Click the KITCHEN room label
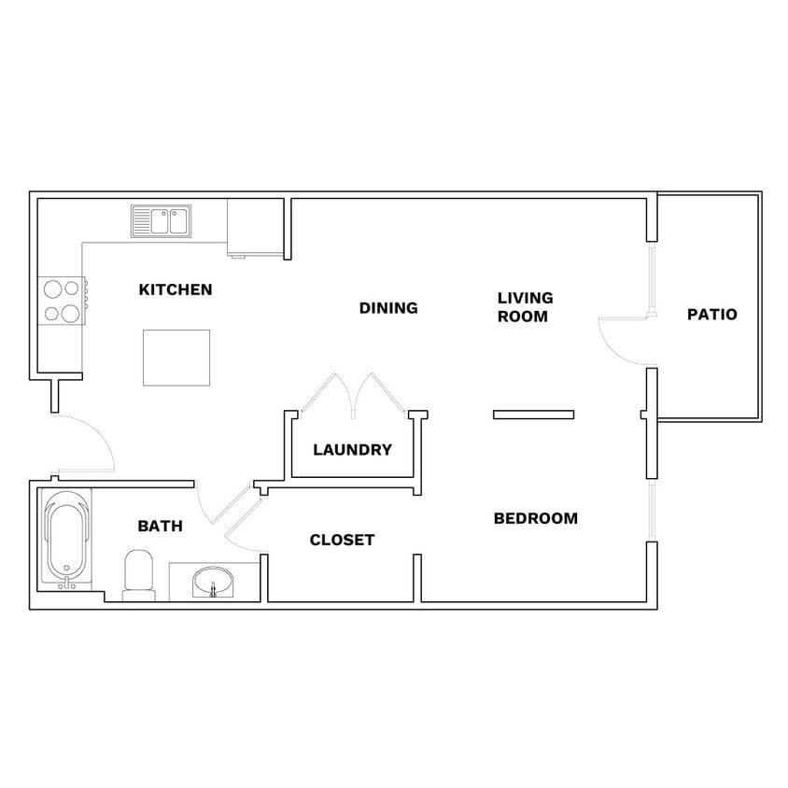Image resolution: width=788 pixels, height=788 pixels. (176, 289)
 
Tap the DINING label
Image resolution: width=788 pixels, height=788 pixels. (388, 308)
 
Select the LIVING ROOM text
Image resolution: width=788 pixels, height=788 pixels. (525, 307)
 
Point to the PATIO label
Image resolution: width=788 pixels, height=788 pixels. (711, 315)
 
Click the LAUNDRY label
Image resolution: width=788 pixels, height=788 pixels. (352, 450)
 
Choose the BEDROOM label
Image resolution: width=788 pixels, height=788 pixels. (535, 518)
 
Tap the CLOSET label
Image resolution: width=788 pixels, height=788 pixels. (342, 540)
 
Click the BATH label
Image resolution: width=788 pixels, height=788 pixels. (160, 527)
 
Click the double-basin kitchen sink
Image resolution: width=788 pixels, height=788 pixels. (161, 221)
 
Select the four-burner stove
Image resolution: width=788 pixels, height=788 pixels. (62, 301)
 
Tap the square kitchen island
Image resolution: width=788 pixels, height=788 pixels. (176, 358)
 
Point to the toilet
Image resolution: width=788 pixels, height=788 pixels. (139, 573)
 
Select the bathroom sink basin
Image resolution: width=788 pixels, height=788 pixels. (214, 582)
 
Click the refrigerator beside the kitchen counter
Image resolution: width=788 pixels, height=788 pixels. (254, 227)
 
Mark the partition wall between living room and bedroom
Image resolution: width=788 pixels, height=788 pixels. (533, 415)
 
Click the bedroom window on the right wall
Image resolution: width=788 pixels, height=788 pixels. (652, 510)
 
